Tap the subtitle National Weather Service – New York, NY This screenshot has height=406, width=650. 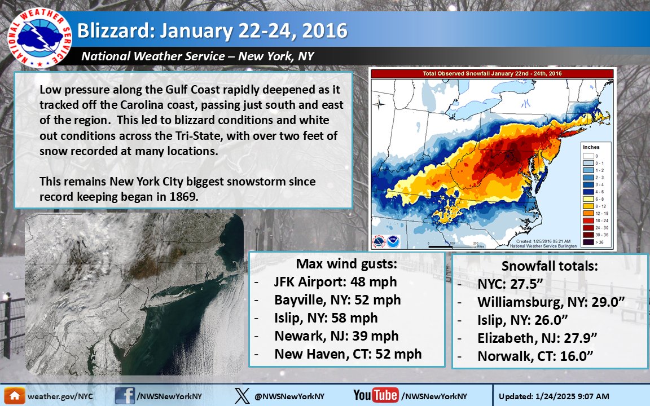(197, 56)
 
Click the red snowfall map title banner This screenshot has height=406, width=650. (491, 74)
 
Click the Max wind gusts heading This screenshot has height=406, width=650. (346, 264)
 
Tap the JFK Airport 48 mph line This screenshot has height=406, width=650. (335, 282)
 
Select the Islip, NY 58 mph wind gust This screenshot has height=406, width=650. (326, 318)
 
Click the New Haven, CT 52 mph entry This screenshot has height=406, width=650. (348, 354)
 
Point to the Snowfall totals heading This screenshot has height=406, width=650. (550, 266)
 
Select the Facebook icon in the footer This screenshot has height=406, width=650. (125, 395)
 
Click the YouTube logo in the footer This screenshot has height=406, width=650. (375, 395)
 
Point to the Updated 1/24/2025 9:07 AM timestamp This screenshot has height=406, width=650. (571, 396)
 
